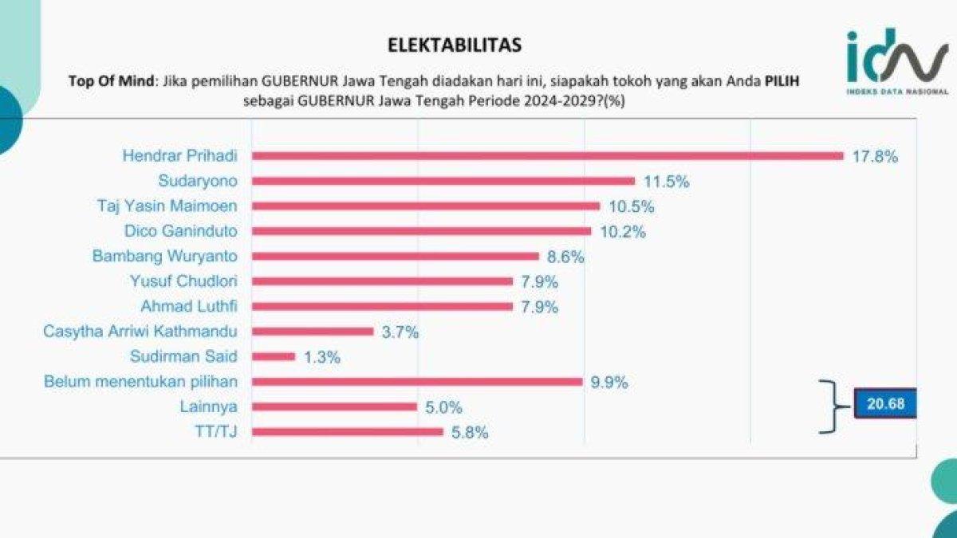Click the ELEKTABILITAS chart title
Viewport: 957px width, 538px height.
455,45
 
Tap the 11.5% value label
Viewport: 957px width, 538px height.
666,182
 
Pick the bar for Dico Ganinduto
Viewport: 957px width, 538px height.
422,231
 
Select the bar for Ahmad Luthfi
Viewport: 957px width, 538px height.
383,307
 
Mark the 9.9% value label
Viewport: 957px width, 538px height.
609,382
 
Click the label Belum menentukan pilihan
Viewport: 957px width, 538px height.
146,381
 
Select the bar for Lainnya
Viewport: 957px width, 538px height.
335,406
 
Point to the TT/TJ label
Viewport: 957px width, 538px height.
223,432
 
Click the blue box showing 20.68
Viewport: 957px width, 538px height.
885,404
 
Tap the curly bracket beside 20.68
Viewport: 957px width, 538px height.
833,406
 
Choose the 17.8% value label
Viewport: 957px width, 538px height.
875,156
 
